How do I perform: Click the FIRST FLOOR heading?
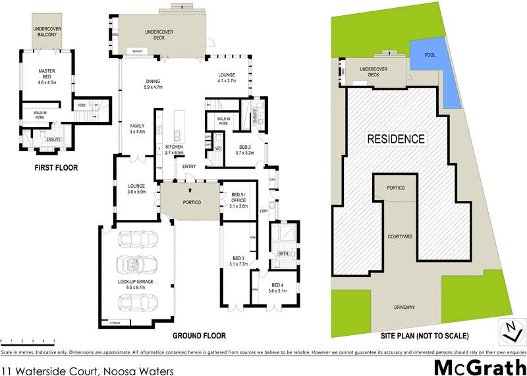pyautogui.click(x=56, y=168)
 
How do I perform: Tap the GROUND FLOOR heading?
pyautogui.click(x=199, y=335)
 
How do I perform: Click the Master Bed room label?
pyautogui.click(x=47, y=76)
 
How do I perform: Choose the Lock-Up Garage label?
pyautogui.click(x=136, y=284)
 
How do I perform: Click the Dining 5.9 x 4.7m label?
pyautogui.click(x=153, y=84)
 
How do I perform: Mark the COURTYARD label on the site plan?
pyautogui.click(x=400, y=236)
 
